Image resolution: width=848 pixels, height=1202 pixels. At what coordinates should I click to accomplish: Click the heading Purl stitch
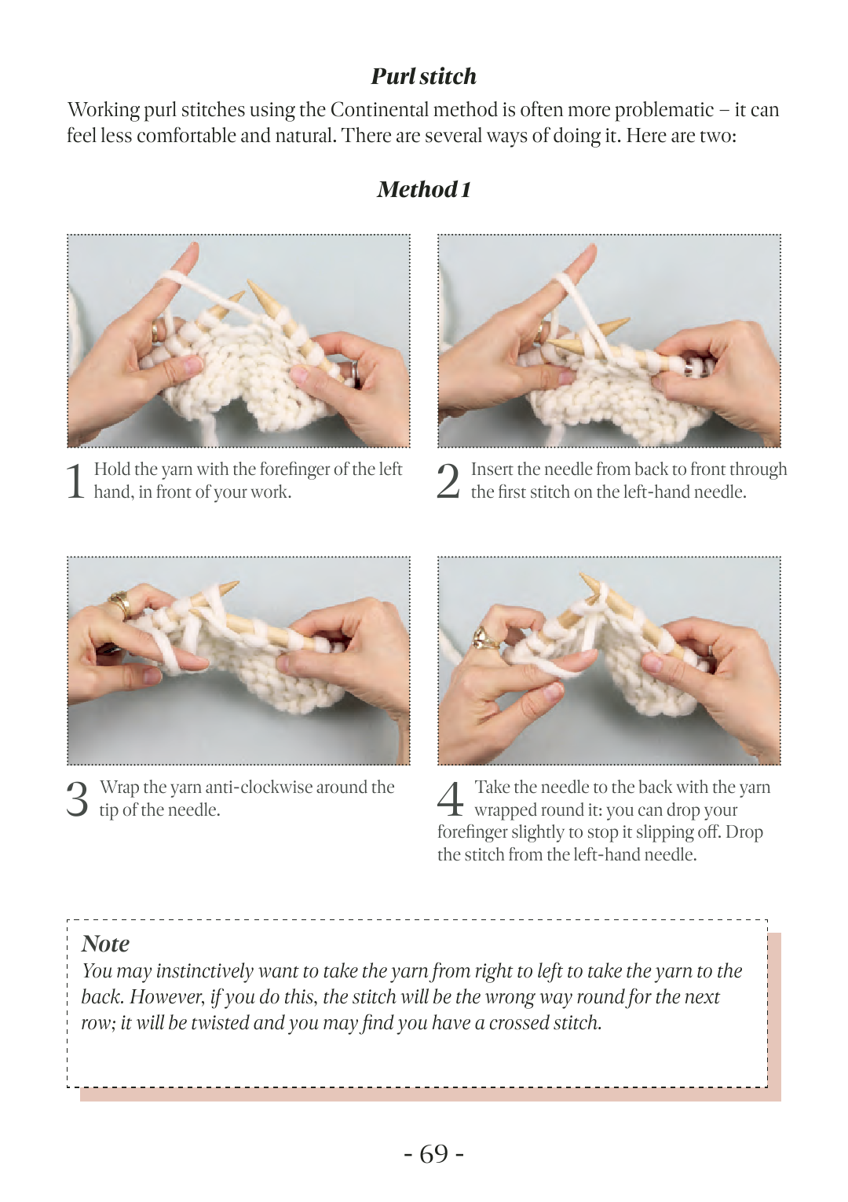pos(423,76)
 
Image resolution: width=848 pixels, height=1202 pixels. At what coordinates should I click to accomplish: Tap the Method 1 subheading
pos(423,189)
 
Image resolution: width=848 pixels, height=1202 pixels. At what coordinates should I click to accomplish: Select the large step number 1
pos(75,481)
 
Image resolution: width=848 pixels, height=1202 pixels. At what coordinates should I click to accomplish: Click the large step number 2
pos(448,481)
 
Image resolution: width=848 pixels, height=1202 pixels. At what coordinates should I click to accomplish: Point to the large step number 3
pos(77,799)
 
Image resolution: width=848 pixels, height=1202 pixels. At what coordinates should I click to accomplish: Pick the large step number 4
pos(450,799)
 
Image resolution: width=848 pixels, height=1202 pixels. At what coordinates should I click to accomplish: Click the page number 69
pos(433,1153)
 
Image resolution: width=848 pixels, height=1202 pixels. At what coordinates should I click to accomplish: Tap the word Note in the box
pos(105,944)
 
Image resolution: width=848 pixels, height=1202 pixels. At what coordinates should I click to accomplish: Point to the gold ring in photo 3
pos(121,605)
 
